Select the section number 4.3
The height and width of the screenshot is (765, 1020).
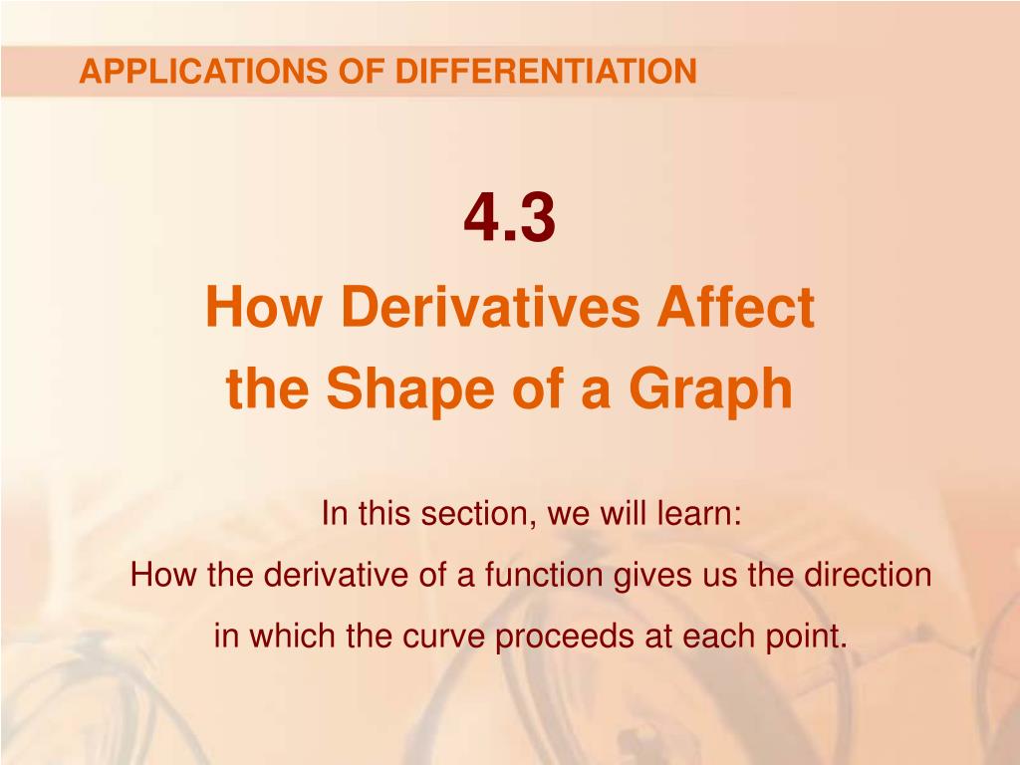pyautogui.click(x=509, y=219)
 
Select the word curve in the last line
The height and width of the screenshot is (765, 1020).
pyautogui.click(x=446, y=636)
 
